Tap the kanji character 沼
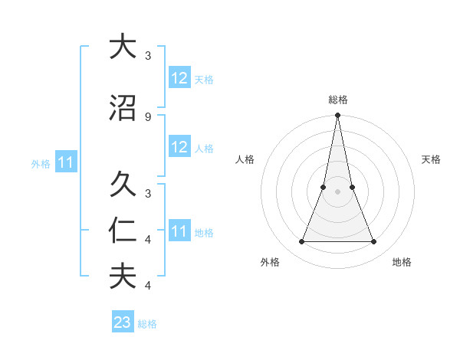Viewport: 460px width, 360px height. (123, 109)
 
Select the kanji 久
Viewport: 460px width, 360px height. (123, 184)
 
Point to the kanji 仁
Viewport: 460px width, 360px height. (123, 230)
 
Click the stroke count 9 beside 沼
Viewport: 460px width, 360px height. (147, 116)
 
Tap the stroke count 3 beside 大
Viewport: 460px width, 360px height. (147, 55)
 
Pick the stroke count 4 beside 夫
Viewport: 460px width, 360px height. (147, 285)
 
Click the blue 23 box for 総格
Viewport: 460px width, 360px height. (123, 322)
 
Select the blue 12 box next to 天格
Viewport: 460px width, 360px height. (179, 78)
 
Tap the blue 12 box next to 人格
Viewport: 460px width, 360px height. (179, 147)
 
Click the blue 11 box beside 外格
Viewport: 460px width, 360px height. (65, 162)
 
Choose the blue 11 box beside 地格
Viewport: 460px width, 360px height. (179, 231)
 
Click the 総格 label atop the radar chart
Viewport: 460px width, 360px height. (337, 100)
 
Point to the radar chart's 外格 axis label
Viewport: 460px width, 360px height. (270, 262)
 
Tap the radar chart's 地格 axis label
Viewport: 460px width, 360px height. (402, 262)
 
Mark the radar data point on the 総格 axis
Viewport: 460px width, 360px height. (337, 116)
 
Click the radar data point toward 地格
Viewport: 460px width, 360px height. (374, 242)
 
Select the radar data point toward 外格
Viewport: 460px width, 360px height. (301, 242)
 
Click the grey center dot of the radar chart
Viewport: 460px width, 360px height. (337, 192)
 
